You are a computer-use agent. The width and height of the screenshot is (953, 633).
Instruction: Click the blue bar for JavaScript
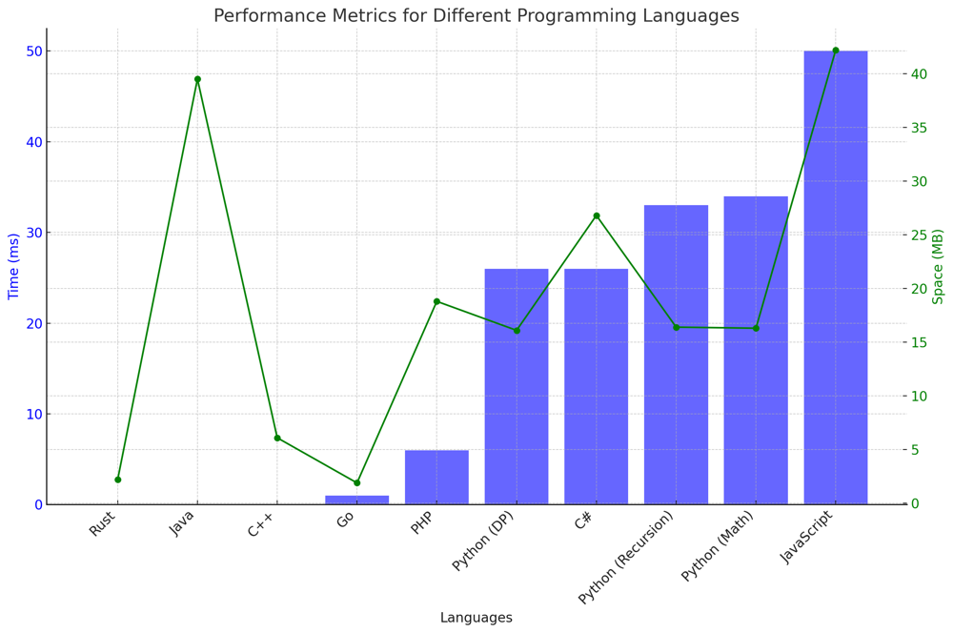pos(836,276)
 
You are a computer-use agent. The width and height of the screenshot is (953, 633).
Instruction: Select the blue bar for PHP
pos(436,477)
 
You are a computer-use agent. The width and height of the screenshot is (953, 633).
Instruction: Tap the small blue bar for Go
pos(357,500)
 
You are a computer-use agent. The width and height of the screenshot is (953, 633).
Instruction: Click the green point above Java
pos(197,79)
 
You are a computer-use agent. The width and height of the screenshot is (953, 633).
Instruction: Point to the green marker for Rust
pos(118,480)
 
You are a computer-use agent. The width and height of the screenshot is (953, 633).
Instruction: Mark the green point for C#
pos(597,215)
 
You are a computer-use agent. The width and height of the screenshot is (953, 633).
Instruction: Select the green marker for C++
pos(277,438)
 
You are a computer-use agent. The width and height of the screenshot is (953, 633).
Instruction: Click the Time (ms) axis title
pos(14,267)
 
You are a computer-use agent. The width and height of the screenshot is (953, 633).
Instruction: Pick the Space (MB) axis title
pos(938,267)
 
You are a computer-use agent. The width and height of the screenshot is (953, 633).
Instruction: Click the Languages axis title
pos(476,618)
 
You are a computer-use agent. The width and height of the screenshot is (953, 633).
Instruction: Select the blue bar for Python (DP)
pos(517,386)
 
